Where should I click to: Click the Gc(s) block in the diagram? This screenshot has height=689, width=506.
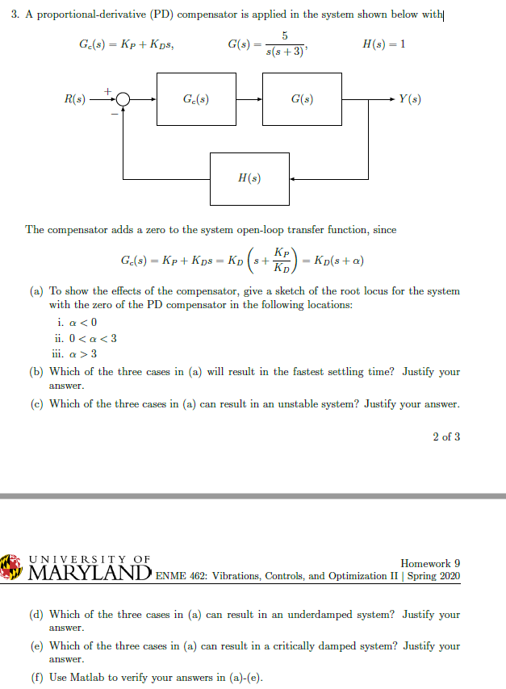[196, 99]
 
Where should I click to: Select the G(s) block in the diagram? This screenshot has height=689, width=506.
[302, 99]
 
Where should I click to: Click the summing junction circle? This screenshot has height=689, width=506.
[123, 99]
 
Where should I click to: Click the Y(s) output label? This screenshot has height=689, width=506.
[409, 99]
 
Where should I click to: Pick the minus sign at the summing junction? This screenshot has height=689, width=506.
[115, 114]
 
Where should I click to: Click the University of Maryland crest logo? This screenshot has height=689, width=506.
[11, 566]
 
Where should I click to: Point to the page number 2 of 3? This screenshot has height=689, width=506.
[446, 436]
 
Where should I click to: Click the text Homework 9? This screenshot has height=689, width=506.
[430, 562]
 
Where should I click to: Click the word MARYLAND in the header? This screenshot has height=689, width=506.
[87, 574]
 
